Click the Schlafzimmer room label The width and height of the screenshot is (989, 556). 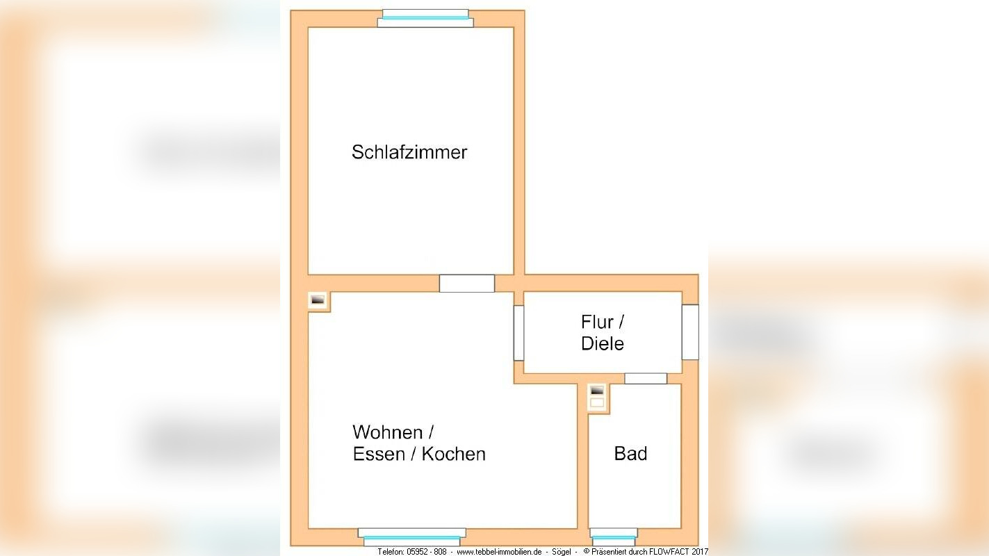(409, 152)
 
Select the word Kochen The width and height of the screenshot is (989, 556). (454, 454)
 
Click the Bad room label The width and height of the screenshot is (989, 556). (630, 454)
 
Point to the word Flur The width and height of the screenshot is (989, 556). (598, 322)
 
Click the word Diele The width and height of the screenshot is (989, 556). (603, 343)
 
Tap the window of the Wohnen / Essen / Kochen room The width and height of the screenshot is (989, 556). (412, 537)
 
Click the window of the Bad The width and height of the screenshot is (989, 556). (613, 537)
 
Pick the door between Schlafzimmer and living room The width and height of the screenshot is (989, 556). (467, 284)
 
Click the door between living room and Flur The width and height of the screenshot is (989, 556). (518, 333)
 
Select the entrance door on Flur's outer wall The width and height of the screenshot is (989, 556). (689, 332)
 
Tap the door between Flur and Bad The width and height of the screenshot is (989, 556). (646, 379)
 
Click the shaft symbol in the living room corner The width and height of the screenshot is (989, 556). (318, 300)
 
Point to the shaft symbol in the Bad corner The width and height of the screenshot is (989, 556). (597, 397)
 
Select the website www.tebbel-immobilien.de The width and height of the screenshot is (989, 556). (498, 552)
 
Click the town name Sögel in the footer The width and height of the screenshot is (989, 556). (562, 552)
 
